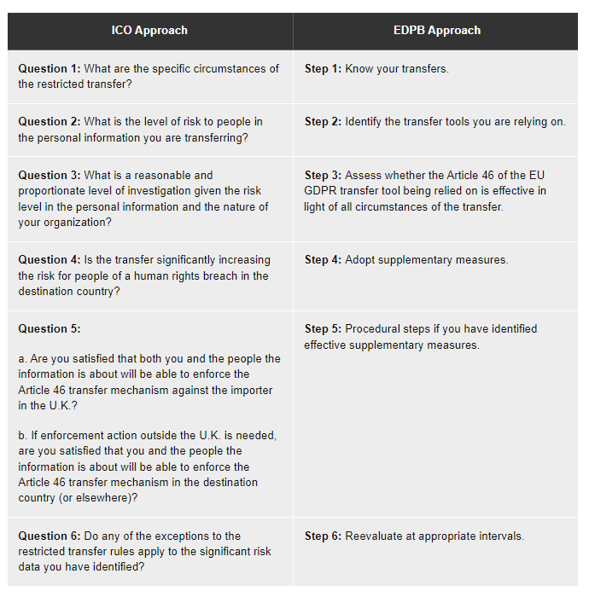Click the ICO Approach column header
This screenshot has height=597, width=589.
click(149, 31)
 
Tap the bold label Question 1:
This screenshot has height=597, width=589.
click(50, 69)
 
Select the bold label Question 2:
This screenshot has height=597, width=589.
click(50, 122)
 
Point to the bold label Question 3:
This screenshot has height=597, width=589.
click(50, 176)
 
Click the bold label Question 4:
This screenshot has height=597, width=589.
click(50, 260)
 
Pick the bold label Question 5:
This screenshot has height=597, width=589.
click(50, 329)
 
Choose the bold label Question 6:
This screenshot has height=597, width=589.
click(50, 536)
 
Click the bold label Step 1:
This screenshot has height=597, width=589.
click(323, 69)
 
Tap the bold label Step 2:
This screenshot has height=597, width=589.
click(323, 122)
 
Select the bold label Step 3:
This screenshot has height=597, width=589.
click(323, 176)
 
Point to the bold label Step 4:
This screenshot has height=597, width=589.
click(323, 260)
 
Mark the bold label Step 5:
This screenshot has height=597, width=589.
click(323, 329)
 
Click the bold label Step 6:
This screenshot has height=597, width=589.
click(323, 536)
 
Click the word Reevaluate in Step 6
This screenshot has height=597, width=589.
click(374, 536)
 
